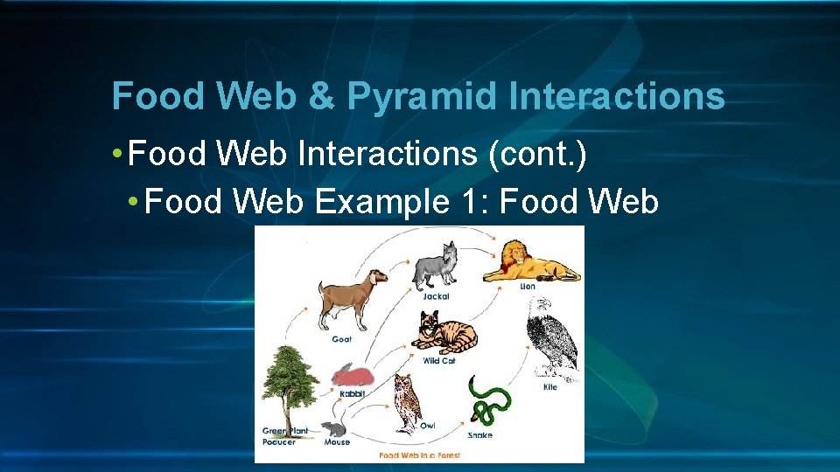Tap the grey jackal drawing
click(x=436, y=264)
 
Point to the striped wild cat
click(x=444, y=333)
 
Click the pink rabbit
click(x=353, y=375)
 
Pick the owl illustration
click(x=407, y=401)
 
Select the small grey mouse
click(x=334, y=429)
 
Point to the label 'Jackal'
click(x=436, y=296)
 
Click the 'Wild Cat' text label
click(x=439, y=360)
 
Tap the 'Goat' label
click(x=341, y=339)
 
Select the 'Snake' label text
click(x=479, y=434)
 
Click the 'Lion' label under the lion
click(x=528, y=287)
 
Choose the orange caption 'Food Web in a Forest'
click(x=419, y=455)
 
